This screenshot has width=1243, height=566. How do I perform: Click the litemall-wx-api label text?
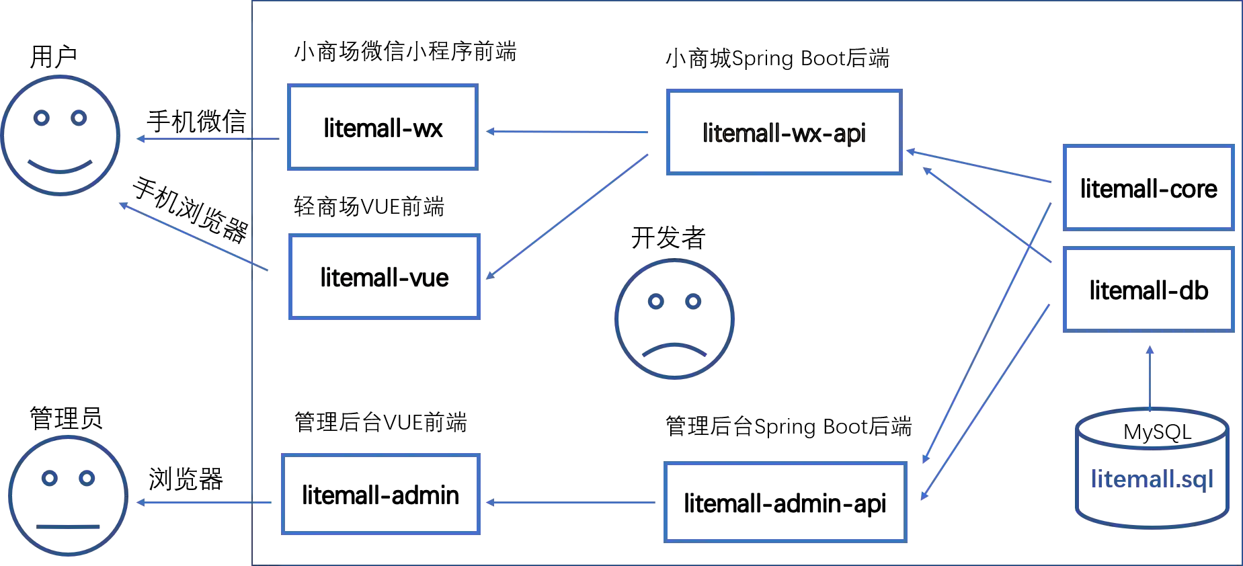click(784, 133)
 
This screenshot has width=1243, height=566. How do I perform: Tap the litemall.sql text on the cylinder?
click(1152, 480)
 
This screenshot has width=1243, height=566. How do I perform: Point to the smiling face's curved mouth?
click(62, 167)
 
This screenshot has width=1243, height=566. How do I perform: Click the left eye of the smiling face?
click(42, 120)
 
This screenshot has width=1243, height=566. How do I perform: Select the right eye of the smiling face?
click(81, 120)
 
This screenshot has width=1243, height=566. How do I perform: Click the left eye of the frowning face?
click(655, 302)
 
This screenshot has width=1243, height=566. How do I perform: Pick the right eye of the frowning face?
click(693, 302)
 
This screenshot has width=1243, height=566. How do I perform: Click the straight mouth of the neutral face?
click(67, 526)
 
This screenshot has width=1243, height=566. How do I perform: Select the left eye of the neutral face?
click(49, 479)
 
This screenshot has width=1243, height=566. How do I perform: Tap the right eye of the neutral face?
click(87, 479)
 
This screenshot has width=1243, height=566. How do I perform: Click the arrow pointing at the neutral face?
click(205, 503)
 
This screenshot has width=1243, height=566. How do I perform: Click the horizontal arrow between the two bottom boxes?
click(571, 503)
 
